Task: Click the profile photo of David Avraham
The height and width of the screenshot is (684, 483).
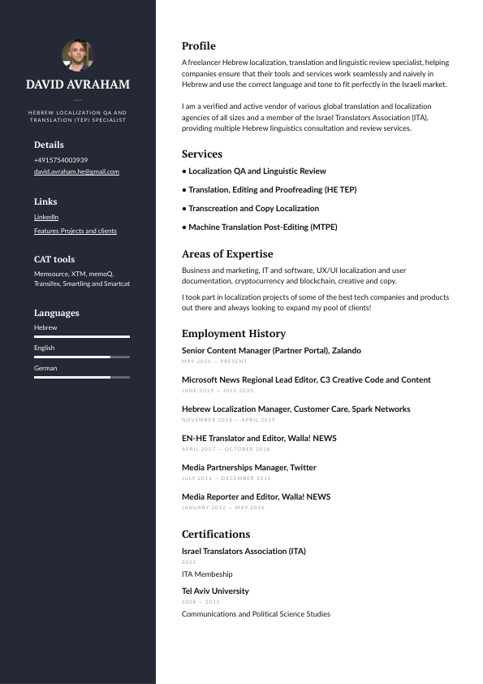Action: click(78, 55)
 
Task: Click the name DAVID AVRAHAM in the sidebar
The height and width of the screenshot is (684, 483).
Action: click(78, 84)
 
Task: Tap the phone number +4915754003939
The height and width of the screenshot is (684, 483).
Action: click(61, 160)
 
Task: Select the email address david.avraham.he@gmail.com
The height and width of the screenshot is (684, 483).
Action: click(76, 171)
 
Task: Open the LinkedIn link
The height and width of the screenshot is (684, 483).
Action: click(46, 217)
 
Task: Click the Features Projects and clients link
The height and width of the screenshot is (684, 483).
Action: click(75, 231)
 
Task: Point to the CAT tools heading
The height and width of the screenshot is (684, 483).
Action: click(54, 259)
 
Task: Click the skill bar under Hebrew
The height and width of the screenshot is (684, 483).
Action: click(82, 336)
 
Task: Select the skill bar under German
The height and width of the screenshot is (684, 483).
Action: click(82, 377)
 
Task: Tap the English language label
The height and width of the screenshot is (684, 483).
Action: click(45, 348)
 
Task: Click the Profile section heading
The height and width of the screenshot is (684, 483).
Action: click(199, 46)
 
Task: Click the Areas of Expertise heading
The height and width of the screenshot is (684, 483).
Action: click(227, 254)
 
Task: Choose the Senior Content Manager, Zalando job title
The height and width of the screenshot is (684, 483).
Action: click(271, 351)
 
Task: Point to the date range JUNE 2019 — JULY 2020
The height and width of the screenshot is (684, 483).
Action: click(218, 391)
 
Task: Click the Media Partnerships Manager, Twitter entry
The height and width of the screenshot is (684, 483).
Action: click(249, 468)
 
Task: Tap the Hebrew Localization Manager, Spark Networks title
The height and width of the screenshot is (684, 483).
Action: click(295, 409)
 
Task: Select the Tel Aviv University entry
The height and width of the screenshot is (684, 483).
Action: click(215, 591)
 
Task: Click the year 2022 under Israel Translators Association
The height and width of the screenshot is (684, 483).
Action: click(189, 562)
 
